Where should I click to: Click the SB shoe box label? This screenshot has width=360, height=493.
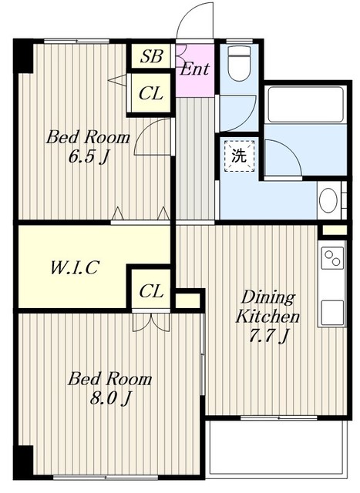(151, 56)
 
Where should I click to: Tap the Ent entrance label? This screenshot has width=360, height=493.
(195, 69)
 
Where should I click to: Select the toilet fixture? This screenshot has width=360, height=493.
(239, 63)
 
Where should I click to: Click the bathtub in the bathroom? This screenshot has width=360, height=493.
(305, 104)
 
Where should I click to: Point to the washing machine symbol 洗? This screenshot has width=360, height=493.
(239, 156)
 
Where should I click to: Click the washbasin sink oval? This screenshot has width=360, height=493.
(328, 200)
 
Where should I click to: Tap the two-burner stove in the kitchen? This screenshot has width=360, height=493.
(332, 258)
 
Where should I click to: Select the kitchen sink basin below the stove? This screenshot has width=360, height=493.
(332, 313)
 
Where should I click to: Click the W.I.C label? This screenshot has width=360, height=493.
(75, 267)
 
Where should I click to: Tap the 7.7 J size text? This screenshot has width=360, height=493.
(268, 336)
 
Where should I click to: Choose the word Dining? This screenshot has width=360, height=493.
(268, 297)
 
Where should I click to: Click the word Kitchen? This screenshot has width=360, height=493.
(267, 316)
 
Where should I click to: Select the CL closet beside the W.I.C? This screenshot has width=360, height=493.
(151, 290)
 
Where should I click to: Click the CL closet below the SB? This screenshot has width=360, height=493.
(151, 93)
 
